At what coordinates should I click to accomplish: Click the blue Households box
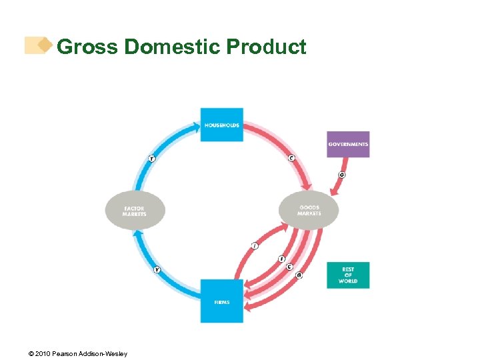click(x=222, y=124)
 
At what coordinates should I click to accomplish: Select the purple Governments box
click(x=348, y=144)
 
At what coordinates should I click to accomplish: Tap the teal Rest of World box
click(x=348, y=275)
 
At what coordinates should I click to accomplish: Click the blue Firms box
click(x=222, y=301)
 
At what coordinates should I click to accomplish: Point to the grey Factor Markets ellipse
click(x=135, y=211)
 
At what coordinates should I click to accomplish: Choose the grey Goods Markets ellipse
click(x=309, y=211)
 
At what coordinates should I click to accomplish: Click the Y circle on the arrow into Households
click(x=152, y=158)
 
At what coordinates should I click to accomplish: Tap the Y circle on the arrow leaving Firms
click(x=157, y=269)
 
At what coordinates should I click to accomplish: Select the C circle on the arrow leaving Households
click(x=291, y=158)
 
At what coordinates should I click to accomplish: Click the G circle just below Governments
click(x=342, y=175)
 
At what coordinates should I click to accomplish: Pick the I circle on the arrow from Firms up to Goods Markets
click(x=254, y=246)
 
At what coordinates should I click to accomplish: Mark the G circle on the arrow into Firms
click(x=299, y=275)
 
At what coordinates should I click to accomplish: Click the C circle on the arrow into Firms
click(x=289, y=267)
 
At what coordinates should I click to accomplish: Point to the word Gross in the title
click(x=87, y=47)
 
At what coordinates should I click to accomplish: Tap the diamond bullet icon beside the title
click(x=45, y=45)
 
